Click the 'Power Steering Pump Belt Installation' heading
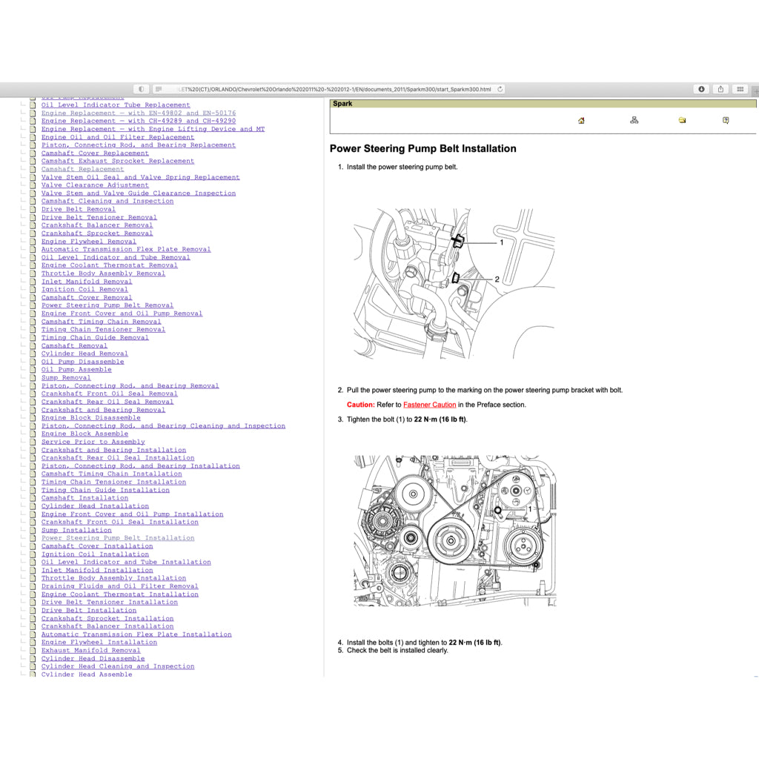click(x=422, y=149)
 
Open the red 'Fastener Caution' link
click(x=429, y=405)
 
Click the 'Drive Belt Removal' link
click(x=79, y=209)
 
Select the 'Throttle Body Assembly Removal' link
click(x=103, y=274)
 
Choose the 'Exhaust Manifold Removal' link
click(x=90, y=650)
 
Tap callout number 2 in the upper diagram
click(x=497, y=279)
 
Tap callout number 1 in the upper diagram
click(x=501, y=242)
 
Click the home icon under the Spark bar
click(x=581, y=121)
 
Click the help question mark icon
click(x=726, y=120)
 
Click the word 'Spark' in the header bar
click(x=342, y=104)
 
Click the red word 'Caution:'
click(x=361, y=405)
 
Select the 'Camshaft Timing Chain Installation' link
click(x=111, y=474)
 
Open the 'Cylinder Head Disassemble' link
click(x=93, y=658)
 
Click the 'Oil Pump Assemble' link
click(x=76, y=369)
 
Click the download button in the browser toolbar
click(x=701, y=89)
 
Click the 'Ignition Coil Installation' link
click(x=95, y=554)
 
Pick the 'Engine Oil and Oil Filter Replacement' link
click(x=117, y=137)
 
